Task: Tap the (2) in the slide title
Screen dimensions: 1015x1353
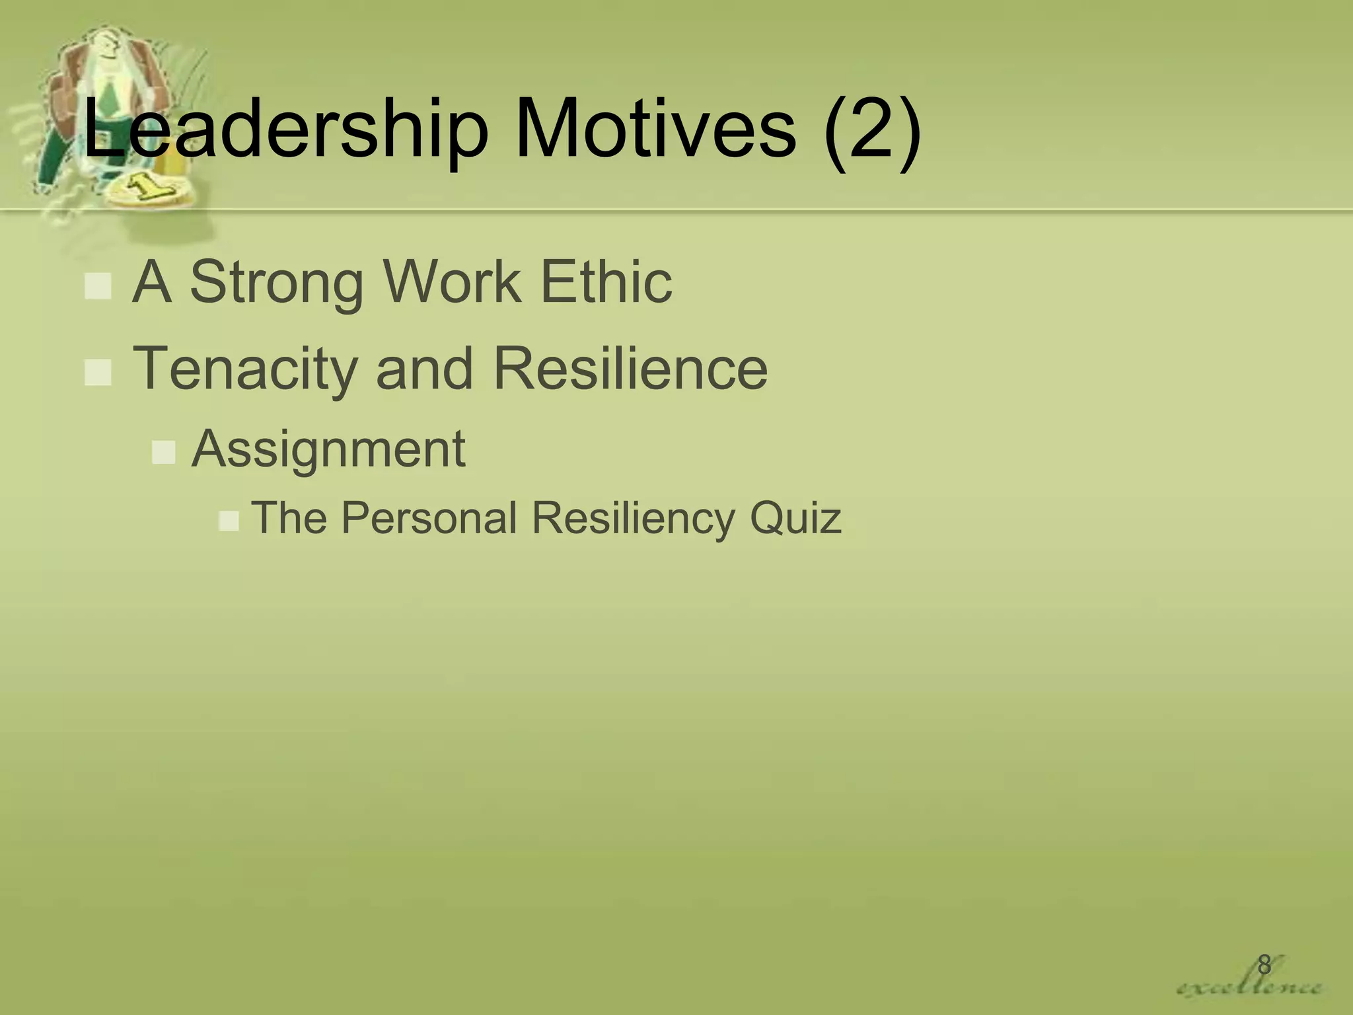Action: coord(871,129)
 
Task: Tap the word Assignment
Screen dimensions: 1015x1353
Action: coord(328,449)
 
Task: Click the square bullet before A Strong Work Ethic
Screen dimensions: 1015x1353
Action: coord(98,287)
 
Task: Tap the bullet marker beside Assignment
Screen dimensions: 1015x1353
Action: coord(163,453)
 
